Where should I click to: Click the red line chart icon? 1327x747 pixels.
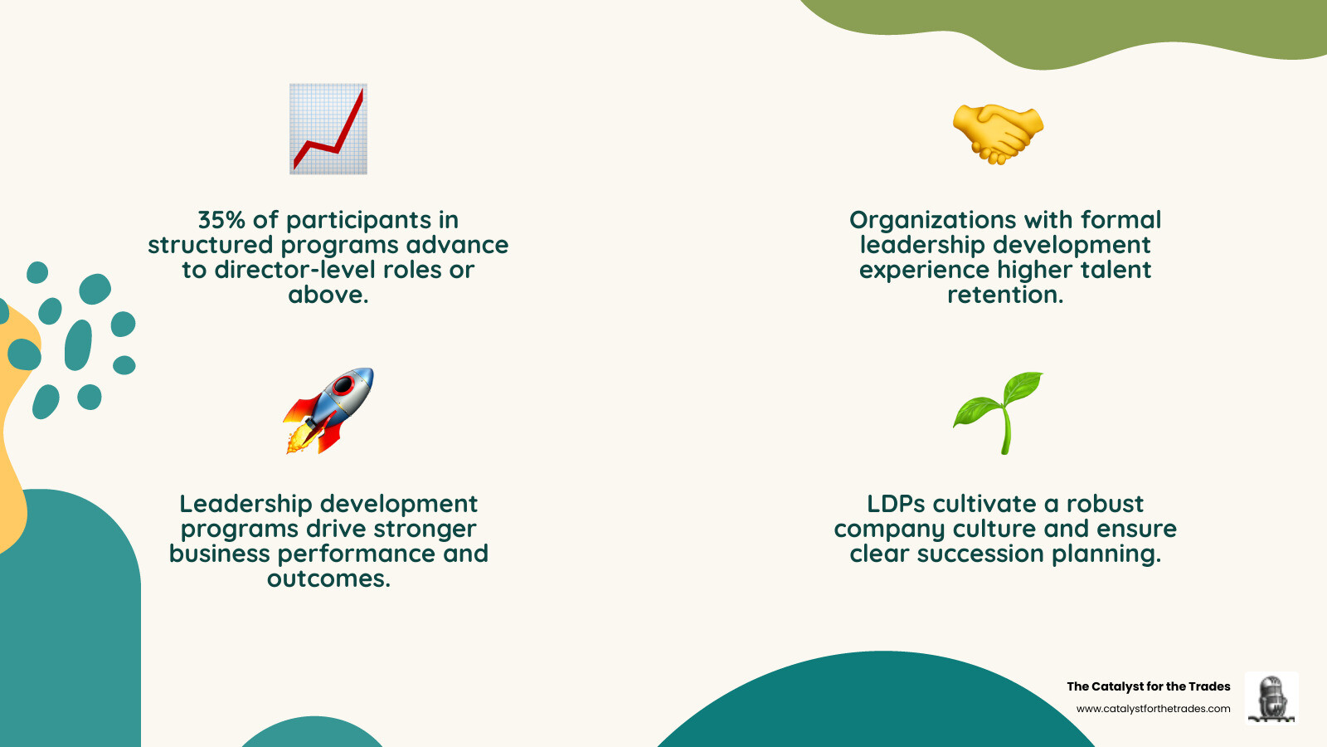click(x=328, y=129)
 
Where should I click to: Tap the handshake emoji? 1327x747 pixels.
click(x=998, y=133)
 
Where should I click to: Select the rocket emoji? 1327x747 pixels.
click(x=330, y=409)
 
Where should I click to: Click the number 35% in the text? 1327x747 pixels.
click(x=221, y=220)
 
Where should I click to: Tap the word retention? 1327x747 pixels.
click(x=1004, y=295)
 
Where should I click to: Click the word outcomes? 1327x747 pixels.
click(x=328, y=579)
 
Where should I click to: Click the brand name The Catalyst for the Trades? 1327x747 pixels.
click(x=1148, y=686)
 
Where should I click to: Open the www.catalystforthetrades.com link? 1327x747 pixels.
click(x=1153, y=709)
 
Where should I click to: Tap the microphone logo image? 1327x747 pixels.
click(x=1271, y=698)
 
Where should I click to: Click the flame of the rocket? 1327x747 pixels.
click(x=298, y=441)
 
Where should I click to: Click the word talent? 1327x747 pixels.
click(x=1116, y=270)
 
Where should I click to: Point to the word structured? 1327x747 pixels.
click(x=210, y=245)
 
